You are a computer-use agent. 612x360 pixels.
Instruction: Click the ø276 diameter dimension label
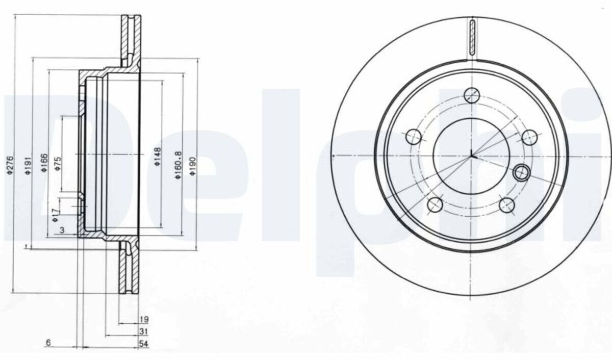10,165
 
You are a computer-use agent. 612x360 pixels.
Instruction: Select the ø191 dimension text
28,166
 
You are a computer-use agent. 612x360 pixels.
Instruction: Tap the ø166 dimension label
44,163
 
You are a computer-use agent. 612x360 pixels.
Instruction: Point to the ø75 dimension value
58,164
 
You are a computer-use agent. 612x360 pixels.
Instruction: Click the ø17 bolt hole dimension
56,215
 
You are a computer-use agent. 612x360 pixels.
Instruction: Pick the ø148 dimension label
158,157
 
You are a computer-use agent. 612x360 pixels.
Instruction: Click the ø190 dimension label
193,166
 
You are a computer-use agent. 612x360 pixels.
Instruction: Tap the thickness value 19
144,319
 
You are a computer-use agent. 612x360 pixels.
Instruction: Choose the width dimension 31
144,331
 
